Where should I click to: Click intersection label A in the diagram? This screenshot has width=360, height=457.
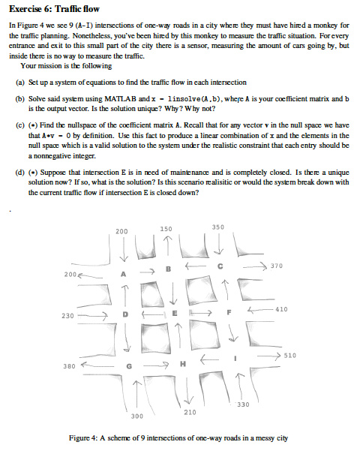126,274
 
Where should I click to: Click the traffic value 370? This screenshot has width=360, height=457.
277,266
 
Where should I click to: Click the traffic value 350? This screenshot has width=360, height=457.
217,226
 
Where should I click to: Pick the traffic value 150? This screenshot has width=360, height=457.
166,227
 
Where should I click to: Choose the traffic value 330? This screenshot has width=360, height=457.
242,405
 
